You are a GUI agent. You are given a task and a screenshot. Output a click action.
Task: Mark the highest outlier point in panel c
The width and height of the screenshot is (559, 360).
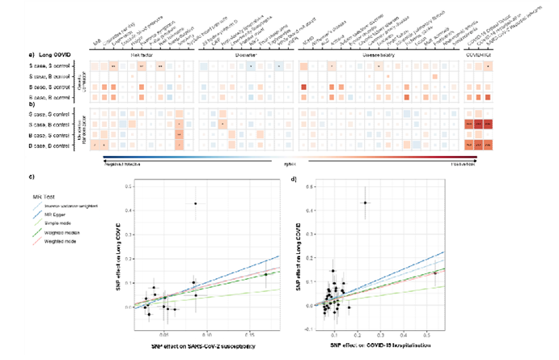195,203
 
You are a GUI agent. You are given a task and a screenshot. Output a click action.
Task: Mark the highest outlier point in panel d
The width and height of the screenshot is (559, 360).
365,202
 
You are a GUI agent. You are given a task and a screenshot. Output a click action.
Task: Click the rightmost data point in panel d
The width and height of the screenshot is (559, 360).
434,273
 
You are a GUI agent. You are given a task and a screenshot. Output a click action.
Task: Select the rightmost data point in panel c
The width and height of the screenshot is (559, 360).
265,275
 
